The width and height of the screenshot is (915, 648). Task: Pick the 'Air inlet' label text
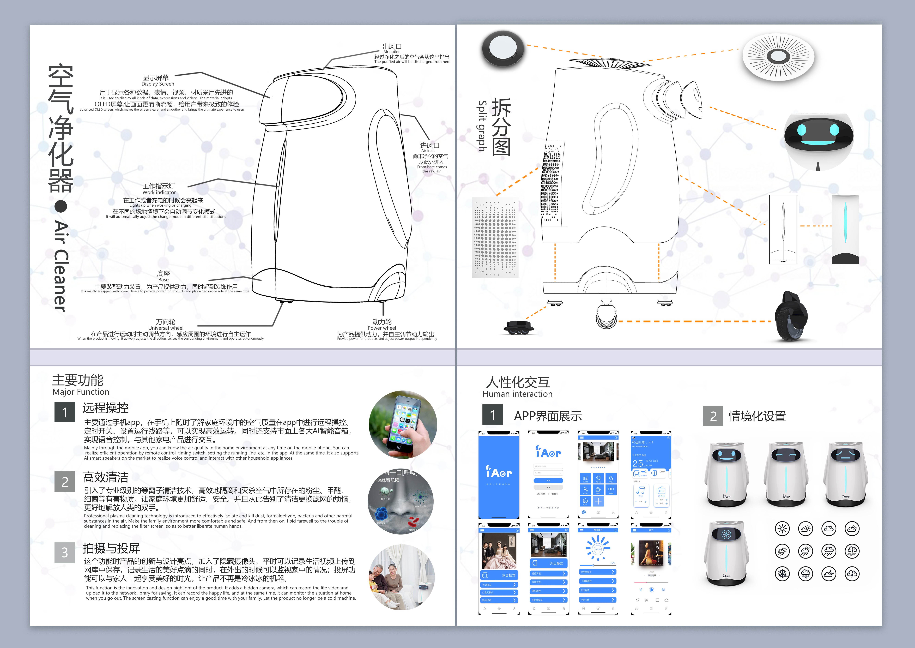[x=428, y=151]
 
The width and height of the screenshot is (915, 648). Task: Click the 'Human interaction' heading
[x=517, y=394]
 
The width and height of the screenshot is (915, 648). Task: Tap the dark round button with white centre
[x=502, y=49]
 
